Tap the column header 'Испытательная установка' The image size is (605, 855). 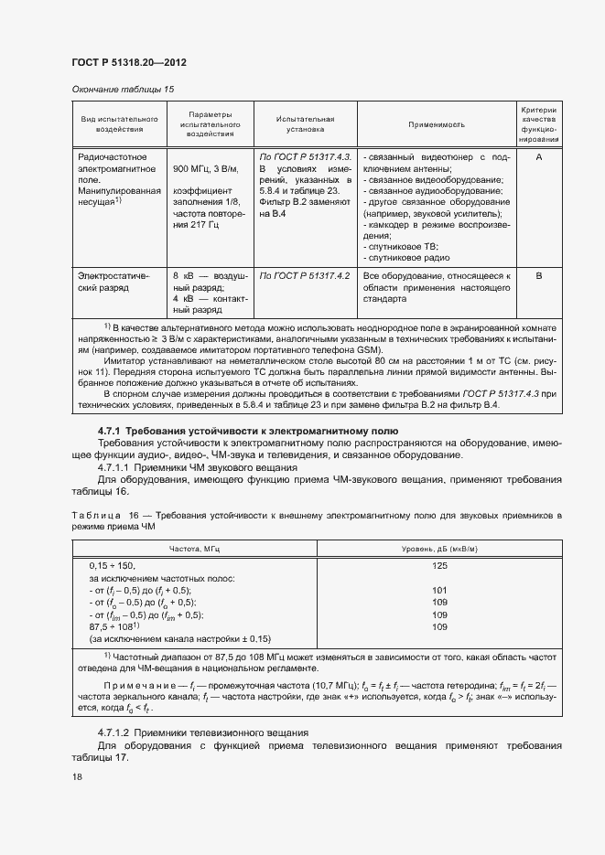(305, 123)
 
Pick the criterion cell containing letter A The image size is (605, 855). (539, 156)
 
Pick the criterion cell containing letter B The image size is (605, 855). (539, 274)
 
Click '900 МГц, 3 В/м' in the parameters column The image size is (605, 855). (206, 169)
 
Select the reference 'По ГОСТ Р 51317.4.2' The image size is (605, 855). (305, 274)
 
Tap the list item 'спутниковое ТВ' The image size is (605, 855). (403, 247)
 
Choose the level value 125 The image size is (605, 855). (439, 566)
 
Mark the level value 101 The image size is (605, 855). (439, 591)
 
